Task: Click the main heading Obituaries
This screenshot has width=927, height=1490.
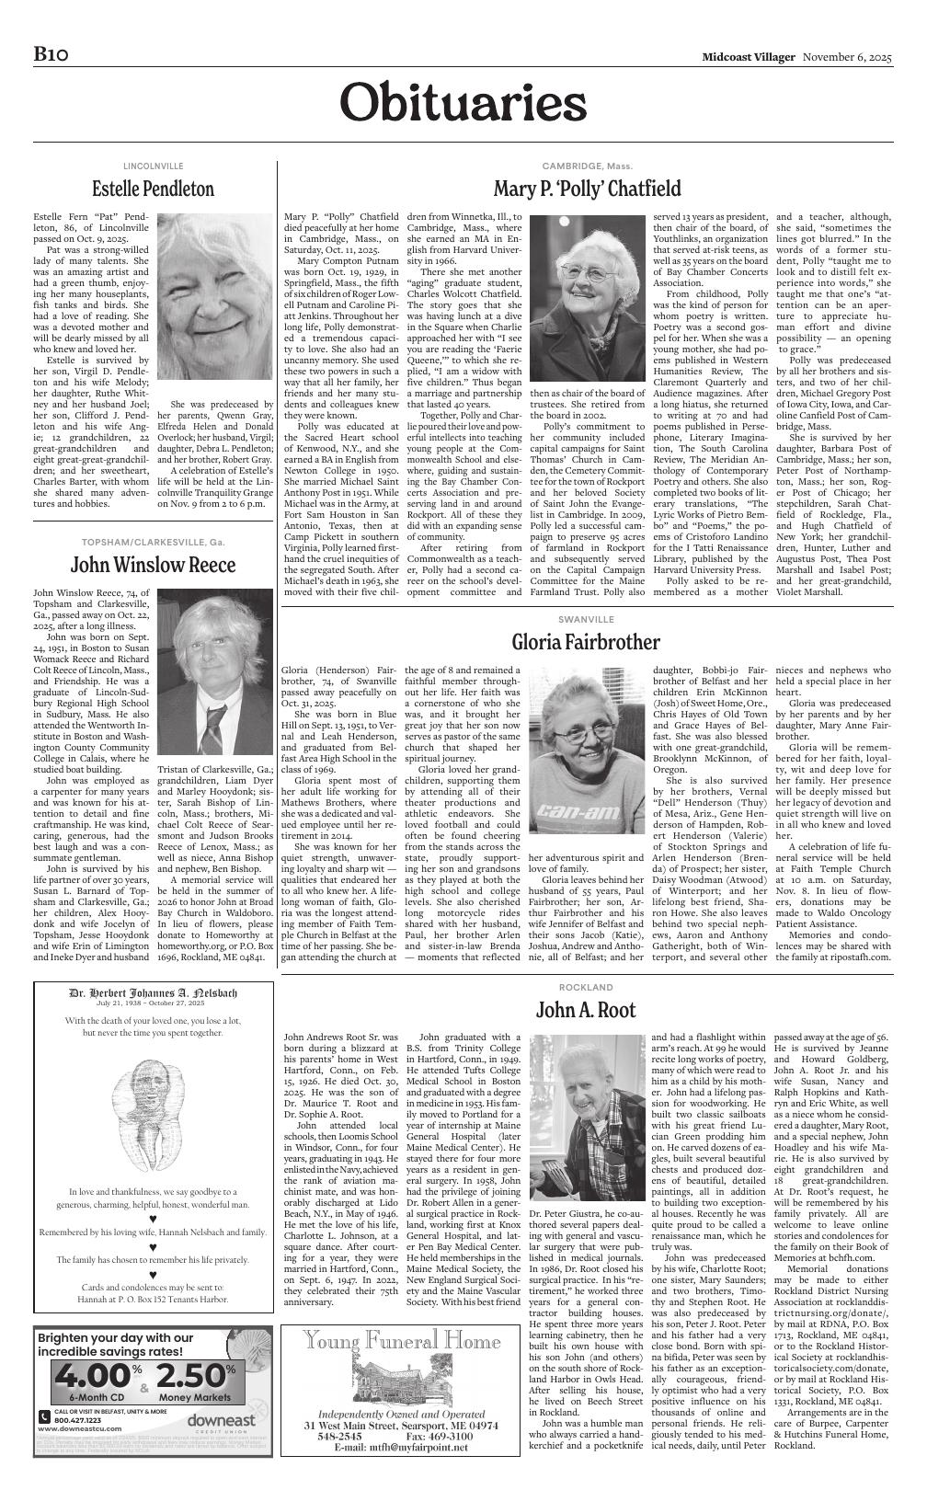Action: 463,102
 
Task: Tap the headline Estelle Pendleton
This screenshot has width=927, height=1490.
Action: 153,189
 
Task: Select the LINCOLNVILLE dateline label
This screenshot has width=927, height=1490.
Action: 153,166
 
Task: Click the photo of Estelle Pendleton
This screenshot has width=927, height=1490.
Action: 215,303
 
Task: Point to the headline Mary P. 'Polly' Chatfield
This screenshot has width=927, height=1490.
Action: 587,189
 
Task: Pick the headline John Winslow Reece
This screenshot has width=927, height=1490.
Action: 153,564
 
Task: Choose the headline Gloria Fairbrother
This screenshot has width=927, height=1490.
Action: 586,641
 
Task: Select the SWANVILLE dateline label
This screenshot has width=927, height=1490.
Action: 586,619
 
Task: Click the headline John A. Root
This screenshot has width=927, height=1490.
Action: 586,1010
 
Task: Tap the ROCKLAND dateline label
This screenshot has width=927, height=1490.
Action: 586,987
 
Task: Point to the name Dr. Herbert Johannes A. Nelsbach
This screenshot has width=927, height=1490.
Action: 153,993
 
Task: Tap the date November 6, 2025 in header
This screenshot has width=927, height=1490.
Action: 847,57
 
